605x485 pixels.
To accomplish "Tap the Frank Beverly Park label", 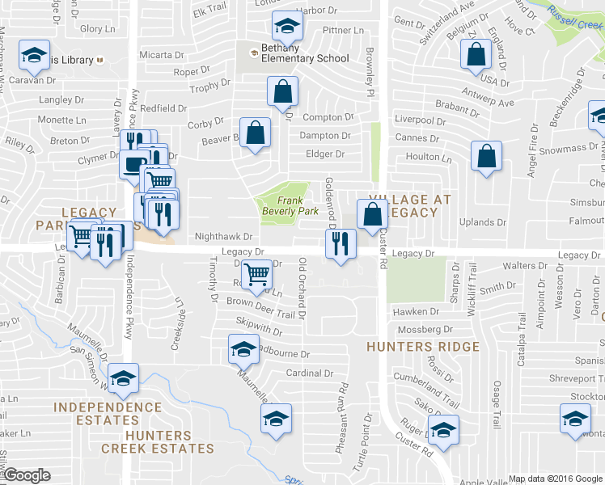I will point(284,205).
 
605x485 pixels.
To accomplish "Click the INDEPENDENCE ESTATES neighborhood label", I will point(108,413).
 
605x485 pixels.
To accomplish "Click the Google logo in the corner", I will point(27,475).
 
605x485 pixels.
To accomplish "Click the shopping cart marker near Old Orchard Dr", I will point(257,274).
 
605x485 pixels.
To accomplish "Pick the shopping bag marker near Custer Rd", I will point(373,215).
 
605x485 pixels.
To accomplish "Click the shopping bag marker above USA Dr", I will point(476,54).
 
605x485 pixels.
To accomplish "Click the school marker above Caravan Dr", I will point(34,54).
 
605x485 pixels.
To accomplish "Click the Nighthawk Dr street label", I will point(214,237).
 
